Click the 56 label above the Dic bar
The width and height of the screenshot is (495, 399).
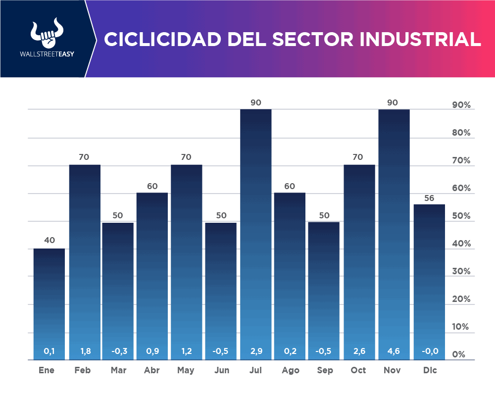429,198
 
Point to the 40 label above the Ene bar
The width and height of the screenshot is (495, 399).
49,241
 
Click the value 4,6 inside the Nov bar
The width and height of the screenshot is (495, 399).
394,351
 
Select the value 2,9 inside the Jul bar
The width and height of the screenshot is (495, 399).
256,351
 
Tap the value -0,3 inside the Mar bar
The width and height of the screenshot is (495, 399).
118,351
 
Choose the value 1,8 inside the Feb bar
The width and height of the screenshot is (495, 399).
84,351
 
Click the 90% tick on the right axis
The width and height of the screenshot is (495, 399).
461,105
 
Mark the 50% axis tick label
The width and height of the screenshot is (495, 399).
461,216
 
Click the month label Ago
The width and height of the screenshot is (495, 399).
290,370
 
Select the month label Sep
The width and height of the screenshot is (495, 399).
324,370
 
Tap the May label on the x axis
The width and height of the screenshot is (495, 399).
186,370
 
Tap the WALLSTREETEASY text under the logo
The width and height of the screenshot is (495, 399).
45,54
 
